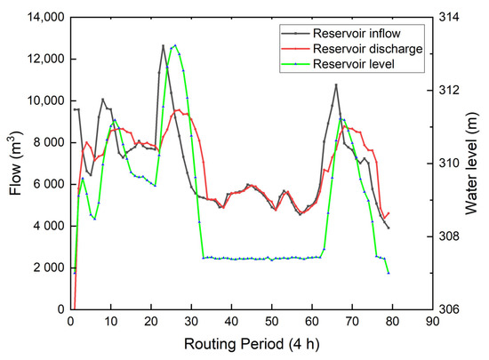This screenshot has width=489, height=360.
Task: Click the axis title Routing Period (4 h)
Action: [x=252, y=342]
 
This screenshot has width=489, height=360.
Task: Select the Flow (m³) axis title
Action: [x=15, y=163]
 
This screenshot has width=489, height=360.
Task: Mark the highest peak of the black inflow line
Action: [x=163, y=45]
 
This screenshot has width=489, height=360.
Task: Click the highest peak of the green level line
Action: [x=175, y=44]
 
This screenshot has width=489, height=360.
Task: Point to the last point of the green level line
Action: [x=389, y=272]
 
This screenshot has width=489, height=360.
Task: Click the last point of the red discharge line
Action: [x=389, y=213]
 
